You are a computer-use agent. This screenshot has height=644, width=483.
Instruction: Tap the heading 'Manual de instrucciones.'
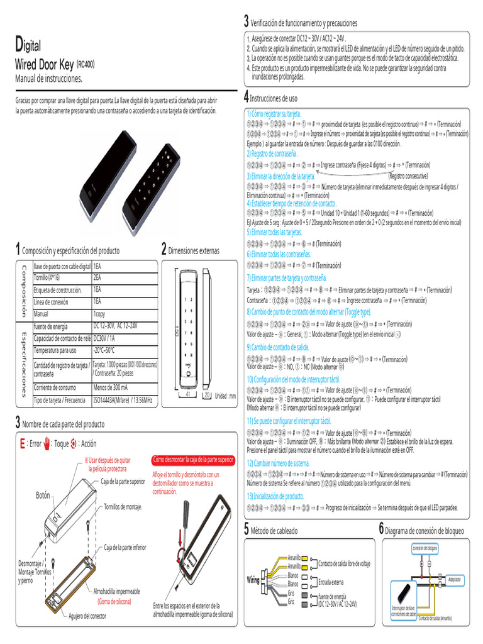click(48, 79)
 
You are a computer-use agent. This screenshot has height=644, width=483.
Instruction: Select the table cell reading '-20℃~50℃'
click(105, 350)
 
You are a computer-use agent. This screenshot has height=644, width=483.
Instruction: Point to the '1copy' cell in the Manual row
click(99, 313)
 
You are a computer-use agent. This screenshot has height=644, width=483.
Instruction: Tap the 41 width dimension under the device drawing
click(188, 395)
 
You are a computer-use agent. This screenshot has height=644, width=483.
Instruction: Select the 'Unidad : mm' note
click(225, 396)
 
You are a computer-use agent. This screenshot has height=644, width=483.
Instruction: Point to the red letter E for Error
click(23, 444)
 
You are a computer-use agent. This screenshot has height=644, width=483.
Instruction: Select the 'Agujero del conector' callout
click(87, 616)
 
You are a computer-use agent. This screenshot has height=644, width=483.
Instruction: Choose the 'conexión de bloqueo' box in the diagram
click(425, 547)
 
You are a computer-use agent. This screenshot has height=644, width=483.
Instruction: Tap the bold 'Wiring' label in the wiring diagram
click(253, 580)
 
